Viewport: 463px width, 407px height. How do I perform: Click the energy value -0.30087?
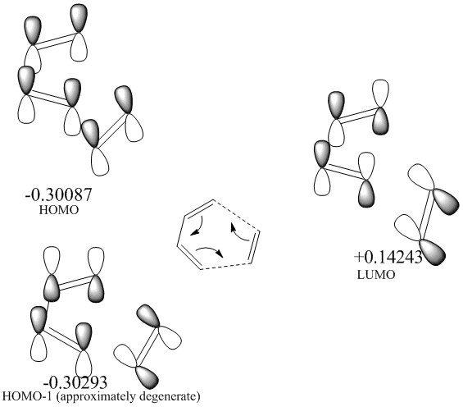pyautogui.click(x=59, y=194)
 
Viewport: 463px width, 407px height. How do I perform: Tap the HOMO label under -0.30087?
pyautogui.click(x=59, y=210)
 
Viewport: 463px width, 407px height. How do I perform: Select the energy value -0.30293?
pyautogui.click(x=75, y=383)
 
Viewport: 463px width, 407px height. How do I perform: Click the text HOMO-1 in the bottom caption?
pyautogui.click(x=26, y=396)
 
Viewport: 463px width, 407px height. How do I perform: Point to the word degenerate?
pyautogui.click(x=167, y=396)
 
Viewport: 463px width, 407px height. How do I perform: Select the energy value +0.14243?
pyautogui.click(x=388, y=257)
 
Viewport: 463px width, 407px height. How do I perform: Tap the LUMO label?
pyautogui.click(x=376, y=275)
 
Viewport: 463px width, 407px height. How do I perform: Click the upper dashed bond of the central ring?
pyautogui.click(x=236, y=216)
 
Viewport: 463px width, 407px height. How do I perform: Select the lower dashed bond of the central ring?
pyautogui.click(x=226, y=266)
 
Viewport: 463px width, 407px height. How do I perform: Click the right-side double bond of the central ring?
pyautogui.click(x=255, y=246)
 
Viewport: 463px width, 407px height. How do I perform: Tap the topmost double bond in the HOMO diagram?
pyautogui.click(x=56, y=41)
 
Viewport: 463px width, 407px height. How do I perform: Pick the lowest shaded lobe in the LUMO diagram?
pyautogui.click(x=433, y=251)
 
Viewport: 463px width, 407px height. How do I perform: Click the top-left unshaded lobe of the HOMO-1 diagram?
pyautogui.click(x=52, y=261)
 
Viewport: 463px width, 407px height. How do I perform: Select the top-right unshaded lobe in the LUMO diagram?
pyautogui.click(x=380, y=94)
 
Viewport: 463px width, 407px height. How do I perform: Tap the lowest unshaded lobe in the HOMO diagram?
pyautogui.click(x=100, y=161)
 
